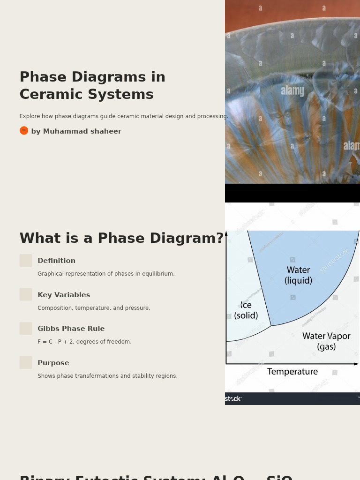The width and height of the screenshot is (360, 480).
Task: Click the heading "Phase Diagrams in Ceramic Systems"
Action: point(92,86)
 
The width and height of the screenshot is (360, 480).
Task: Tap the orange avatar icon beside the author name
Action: point(24,131)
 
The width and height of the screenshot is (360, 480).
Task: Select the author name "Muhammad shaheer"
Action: point(82,132)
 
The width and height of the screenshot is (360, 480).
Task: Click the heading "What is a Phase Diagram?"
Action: point(121,239)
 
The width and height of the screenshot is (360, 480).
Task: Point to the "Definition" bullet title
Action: point(56,261)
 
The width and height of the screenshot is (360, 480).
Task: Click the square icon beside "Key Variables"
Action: point(26,294)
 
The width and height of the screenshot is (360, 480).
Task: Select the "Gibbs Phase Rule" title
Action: point(71,329)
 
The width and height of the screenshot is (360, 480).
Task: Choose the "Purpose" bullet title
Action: point(53,363)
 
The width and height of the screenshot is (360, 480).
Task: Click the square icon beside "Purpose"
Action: point(26,362)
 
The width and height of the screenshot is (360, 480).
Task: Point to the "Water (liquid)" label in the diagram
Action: point(298,276)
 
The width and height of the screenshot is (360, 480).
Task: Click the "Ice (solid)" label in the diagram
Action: point(246,310)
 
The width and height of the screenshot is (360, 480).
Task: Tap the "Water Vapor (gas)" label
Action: point(326,341)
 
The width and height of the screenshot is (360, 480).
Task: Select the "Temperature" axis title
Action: point(292,372)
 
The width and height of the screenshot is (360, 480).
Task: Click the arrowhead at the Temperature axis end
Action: point(356,364)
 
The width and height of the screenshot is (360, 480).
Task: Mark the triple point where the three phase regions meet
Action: point(271,326)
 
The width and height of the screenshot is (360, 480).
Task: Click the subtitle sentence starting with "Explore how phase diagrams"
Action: point(123,117)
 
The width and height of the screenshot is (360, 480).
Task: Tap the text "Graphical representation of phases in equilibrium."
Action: point(106,274)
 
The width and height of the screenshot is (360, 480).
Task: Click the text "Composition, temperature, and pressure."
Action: point(94,308)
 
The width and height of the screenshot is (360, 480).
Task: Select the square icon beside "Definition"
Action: point(26,261)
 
